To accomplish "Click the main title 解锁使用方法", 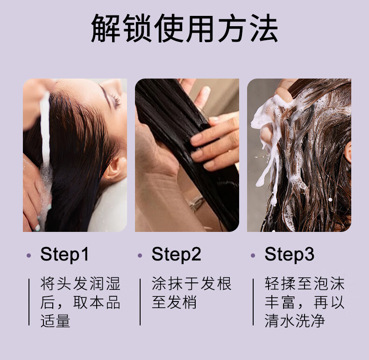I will pos(184,29).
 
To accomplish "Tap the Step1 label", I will pos(64,254).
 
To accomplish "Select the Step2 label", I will pos(176,254).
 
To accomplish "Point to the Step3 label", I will pos(289,254).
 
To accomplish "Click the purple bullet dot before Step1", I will pos(29,255).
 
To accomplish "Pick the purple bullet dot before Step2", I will pos(140,255).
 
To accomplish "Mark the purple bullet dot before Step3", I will pos(253,255).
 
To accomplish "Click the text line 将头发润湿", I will pos(80,283).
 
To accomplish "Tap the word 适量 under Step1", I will pos(56,321).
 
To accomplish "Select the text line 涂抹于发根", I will pos(192,283).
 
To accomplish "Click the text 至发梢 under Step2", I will pos(174,302).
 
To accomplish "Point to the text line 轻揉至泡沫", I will pos(305,283).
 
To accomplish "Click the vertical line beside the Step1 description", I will pos(29,302).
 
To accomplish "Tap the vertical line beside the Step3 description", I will pos(253,302).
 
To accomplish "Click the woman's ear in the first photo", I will pos(114,169).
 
